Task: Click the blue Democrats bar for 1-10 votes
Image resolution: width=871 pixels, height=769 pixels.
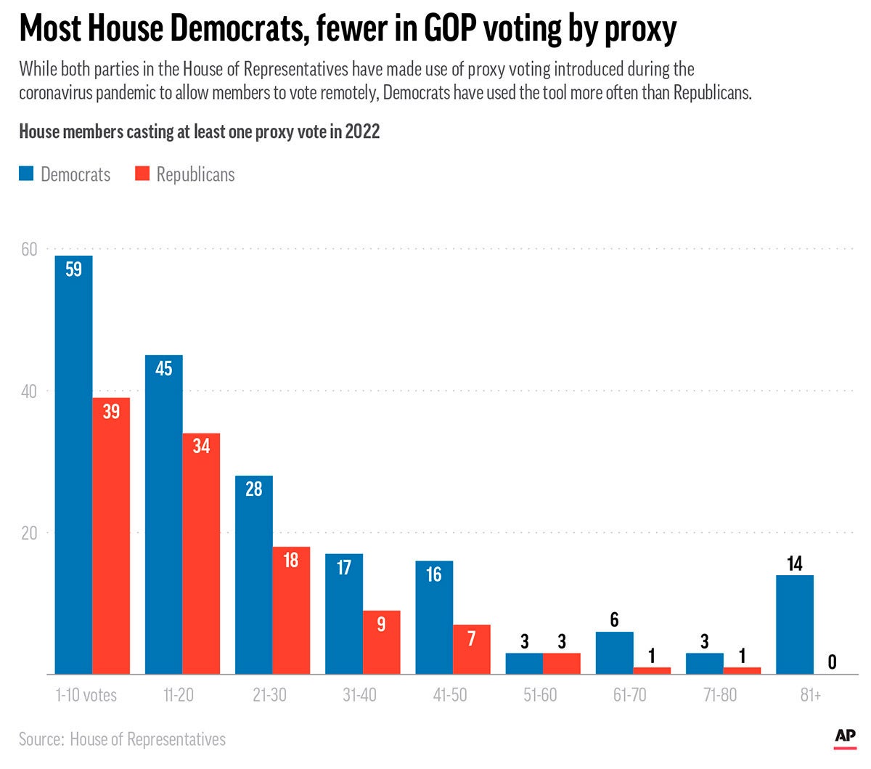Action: (x=74, y=465)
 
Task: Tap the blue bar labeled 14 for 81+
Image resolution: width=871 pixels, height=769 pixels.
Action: (x=795, y=624)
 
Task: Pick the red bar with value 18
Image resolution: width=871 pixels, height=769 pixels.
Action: (x=291, y=610)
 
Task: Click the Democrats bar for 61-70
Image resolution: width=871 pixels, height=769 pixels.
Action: (x=614, y=653)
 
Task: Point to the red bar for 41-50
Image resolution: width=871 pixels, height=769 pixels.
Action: (x=471, y=649)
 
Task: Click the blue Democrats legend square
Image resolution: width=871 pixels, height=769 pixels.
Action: (x=26, y=174)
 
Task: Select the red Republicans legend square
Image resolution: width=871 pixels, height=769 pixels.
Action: (x=142, y=174)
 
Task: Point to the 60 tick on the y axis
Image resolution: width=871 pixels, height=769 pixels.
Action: (x=29, y=249)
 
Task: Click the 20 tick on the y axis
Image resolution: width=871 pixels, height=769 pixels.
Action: (x=29, y=533)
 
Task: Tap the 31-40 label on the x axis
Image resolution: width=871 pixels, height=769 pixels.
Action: (x=359, y=695)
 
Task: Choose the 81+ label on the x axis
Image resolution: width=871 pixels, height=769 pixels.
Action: (x=811, y=695)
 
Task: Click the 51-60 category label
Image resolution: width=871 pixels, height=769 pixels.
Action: (x=540, y=695)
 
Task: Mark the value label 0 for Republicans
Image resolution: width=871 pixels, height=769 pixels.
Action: (x=832, y=662)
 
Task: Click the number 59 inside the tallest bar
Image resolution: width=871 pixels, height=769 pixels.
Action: (x=73, y=269)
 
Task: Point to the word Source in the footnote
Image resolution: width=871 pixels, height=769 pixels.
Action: (x=41, y=739)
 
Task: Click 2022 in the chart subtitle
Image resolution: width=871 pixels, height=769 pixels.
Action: (x=362, y=131)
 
